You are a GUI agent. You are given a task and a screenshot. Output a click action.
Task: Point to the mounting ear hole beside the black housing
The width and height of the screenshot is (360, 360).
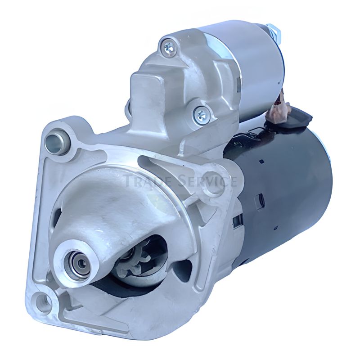(212, 184)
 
